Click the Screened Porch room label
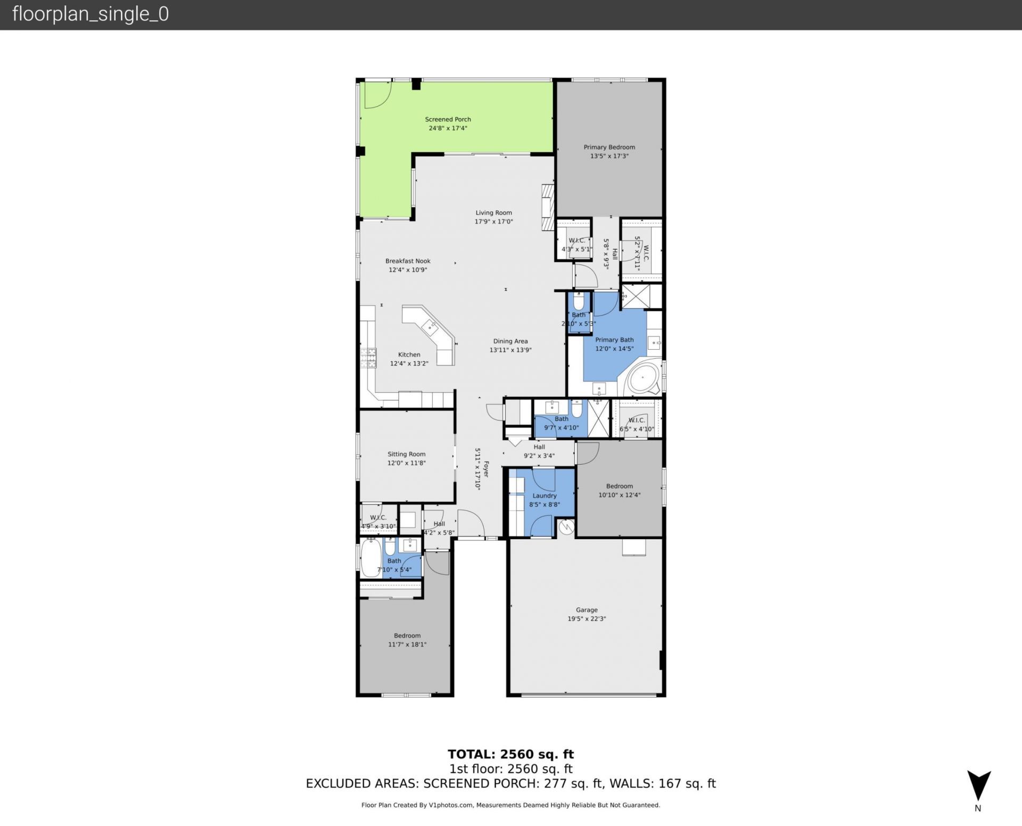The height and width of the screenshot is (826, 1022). [448, 119]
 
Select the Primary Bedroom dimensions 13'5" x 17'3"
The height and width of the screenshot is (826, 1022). [609, 156]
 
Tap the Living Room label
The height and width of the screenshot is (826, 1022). [493, 212]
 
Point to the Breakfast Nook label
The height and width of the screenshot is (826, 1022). [408, 261]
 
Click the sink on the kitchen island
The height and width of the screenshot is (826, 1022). [430, 326]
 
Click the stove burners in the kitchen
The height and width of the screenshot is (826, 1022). [368, 358]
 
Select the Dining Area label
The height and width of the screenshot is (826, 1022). [510, 341]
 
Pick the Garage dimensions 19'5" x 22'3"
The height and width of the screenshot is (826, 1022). [586, 618]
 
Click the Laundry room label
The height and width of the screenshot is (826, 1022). [544, 495]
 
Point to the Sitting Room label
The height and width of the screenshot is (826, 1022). [406, 454]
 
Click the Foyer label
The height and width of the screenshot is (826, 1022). [485, 469]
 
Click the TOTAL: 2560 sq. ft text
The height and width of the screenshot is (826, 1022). [510, 754]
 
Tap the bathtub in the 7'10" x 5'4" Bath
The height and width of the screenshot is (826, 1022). [371, 557]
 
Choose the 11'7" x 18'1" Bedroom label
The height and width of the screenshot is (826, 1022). [407, 635]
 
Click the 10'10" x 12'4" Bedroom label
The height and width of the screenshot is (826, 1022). [619, 486]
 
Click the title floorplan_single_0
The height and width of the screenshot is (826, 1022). [90, 14]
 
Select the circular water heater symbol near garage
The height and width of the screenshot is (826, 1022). [566, 527]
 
